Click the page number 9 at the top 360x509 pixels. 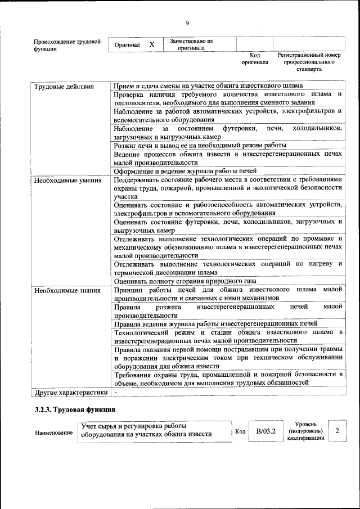pos(187,22)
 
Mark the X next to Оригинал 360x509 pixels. pos(152,44)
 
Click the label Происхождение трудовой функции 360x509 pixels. pos(67,45)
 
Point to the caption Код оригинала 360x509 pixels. pos(254,59)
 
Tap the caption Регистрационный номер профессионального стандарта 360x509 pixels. pos(309,62)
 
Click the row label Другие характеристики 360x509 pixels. pos(70,392)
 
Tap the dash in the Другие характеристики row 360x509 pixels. pos(115,392)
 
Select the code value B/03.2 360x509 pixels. pos(265,431)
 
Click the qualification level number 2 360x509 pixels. pos(337,431)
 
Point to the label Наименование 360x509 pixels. pos(54,433)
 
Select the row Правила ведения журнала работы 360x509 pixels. pos(215,323)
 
